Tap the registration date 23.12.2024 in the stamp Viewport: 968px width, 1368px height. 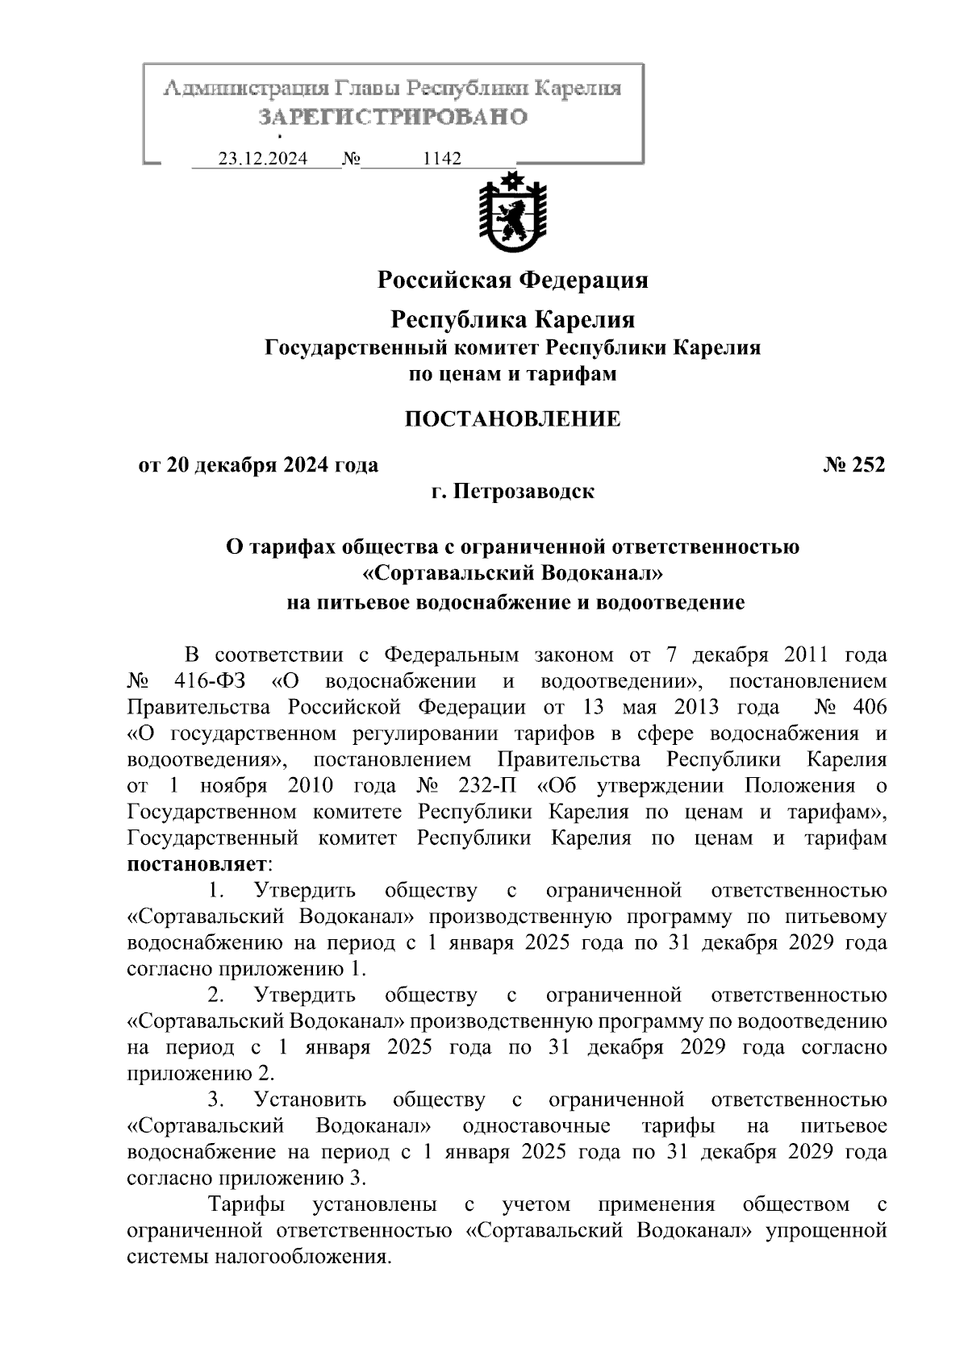263,159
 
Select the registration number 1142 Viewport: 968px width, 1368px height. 442,159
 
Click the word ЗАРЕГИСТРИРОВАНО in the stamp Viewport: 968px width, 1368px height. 393,117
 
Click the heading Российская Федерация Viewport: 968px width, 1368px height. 513,280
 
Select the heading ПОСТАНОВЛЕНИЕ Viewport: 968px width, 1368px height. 512,419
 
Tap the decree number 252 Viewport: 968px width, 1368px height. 866,465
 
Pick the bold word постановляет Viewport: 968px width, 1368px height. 197,864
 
